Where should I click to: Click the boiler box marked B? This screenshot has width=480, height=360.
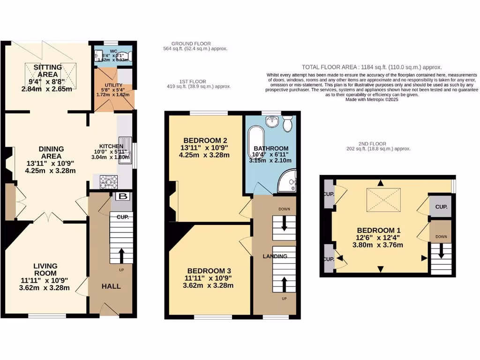coord(122,196)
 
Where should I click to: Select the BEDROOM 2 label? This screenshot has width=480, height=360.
coord(205,140)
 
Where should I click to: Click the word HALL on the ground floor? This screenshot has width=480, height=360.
coord(111,286)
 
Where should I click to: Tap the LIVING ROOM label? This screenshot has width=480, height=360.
coord(45,270)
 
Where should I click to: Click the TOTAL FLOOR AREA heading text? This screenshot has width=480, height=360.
coord(372,67)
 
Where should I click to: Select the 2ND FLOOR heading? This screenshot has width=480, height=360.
coord(373,143)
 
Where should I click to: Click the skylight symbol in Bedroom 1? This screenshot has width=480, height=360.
coord(381,199)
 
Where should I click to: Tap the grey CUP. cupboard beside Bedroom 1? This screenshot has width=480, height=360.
coord(441,207)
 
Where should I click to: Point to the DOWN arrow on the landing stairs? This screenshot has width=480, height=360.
coord(284,224)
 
